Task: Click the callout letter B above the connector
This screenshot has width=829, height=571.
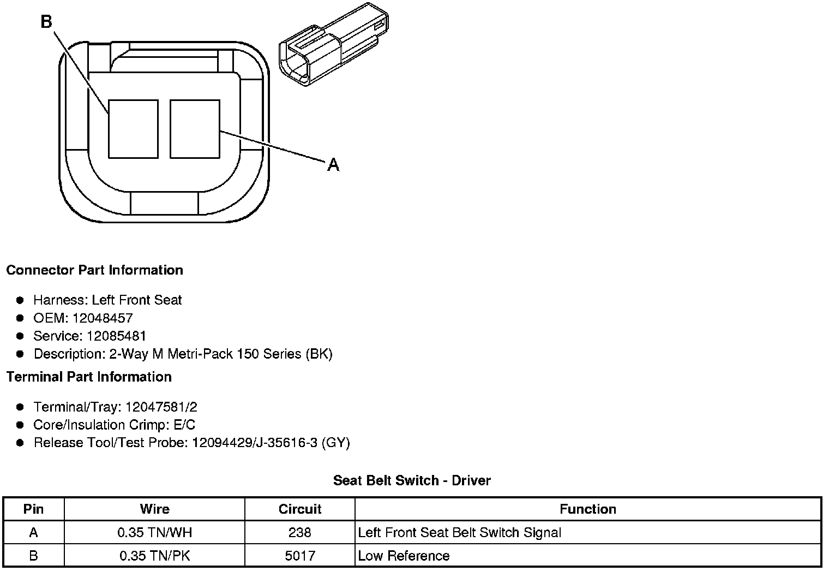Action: [x=46, y=22]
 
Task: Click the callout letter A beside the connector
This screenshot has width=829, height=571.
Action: [x=333, y=164]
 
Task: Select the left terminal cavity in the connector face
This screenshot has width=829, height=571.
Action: [x=133, y=129]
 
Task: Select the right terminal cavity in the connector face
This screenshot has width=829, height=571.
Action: [x=195, y=129]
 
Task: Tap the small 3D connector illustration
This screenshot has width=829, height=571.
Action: [x=333, y=45]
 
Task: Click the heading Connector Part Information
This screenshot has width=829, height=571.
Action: [x=94, y=270]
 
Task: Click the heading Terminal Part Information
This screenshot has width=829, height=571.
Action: [x=89, y=377]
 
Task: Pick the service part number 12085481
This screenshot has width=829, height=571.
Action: [x=116, y=336]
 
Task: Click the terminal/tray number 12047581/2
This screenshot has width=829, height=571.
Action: [x=161, y=407]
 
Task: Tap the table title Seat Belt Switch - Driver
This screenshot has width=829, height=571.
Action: [x=412, y=480]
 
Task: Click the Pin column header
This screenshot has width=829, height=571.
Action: [x=33, y=509]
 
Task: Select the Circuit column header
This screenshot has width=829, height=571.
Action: [x=299, y=509]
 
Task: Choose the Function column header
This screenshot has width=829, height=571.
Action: [x=587, y=509]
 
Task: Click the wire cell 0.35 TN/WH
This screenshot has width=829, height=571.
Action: [x=154, y=532]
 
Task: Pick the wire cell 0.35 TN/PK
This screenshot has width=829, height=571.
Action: [x=154, y=556]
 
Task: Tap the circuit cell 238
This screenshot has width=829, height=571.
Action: [x=299, y=532]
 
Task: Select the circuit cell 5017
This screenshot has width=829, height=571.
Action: [x=299, y=556]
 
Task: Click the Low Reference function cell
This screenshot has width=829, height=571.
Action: [x=404, y=556]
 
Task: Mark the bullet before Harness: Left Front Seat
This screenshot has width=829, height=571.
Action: [x=20, y=300]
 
